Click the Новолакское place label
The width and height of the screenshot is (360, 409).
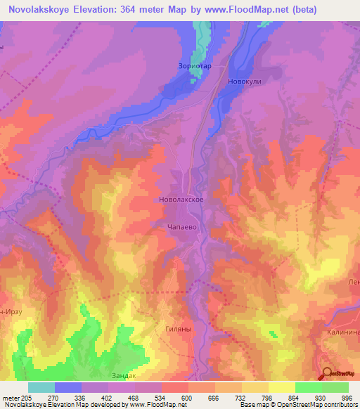181,200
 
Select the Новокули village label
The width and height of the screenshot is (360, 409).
244,82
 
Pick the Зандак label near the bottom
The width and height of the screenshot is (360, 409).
124,376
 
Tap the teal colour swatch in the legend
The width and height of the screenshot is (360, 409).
41,387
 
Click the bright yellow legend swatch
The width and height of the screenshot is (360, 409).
281,387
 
